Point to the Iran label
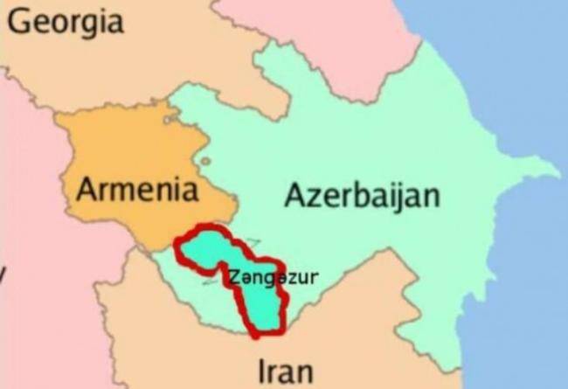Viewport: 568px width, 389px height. (283, 371)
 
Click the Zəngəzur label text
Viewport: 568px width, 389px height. (271, 278)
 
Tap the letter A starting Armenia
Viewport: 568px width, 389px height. (87, 188)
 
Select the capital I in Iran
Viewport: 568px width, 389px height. (259, 371)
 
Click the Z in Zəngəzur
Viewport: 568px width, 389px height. (232, 278)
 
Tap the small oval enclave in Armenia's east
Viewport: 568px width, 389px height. (204, 161)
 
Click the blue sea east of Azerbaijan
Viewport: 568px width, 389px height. (524, 262)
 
